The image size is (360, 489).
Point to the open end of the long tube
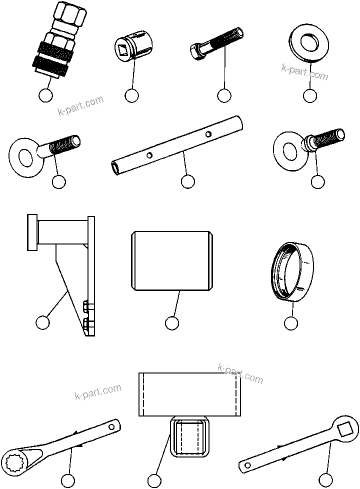coord(116,167)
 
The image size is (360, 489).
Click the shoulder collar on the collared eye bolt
coord(306,144)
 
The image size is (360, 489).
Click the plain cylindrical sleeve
coord(171,260)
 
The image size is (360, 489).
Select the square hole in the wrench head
coord(344,428)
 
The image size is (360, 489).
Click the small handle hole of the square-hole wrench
coord(247,465)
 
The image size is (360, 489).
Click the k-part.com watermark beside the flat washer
coord(304,72)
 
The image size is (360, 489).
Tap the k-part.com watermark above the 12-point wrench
coord(98,392)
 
